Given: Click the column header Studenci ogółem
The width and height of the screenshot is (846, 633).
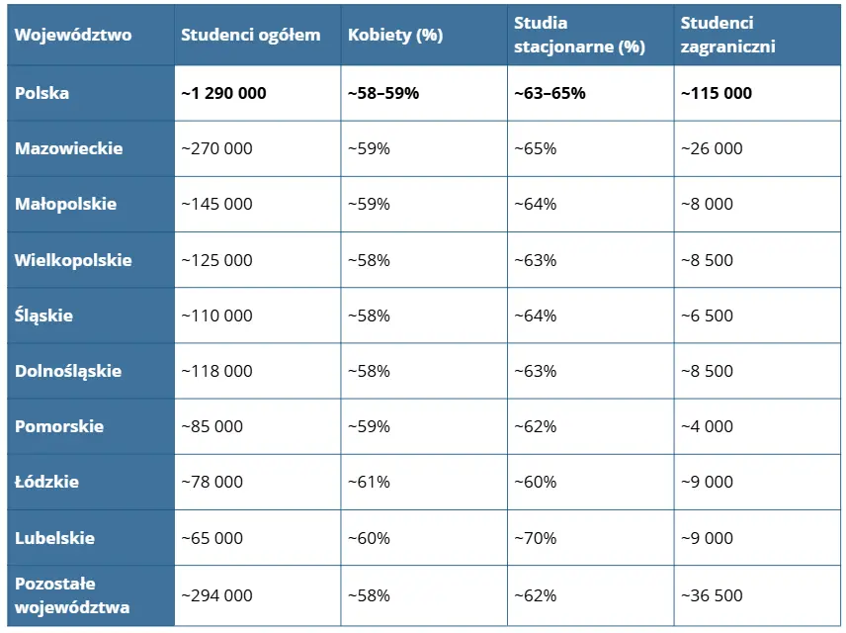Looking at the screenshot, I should click(250, 35).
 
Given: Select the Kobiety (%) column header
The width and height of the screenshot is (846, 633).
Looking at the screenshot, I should click(395, 35).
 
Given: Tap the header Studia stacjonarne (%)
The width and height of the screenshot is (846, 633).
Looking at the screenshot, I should click(579, 35).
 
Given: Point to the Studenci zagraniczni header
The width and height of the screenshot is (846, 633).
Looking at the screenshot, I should click(728, 35).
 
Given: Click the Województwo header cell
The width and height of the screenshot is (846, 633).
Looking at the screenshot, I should click(73, 35).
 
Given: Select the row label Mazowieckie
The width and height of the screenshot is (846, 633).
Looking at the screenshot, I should click(69, 148).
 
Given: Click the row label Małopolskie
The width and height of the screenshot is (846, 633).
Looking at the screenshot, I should click(66, 204).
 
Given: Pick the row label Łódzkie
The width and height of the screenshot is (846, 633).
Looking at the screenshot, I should click(47, 482).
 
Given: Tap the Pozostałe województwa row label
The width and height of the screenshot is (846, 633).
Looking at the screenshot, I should click(72, 594).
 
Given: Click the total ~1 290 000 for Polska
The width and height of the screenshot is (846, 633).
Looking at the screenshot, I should click(223, 93).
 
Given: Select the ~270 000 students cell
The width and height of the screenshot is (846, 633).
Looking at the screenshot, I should click(216, 148).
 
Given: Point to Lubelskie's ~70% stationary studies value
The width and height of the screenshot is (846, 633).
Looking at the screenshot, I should click(536, 538).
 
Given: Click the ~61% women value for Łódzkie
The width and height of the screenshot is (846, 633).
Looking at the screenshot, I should click(369, 482).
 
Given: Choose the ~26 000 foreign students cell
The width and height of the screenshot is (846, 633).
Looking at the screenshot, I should click(712, 148).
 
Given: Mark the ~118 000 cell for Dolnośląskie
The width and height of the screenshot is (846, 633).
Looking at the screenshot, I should click(216, 371).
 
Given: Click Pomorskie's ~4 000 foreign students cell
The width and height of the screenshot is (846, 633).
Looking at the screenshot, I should click(708, 426).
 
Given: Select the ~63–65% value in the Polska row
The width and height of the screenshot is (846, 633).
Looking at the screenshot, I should click(550, 93).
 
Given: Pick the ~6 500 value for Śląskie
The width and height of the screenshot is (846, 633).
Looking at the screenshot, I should click(708, 316).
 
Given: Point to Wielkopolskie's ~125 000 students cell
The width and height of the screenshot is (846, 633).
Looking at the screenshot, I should click(216, 260).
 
